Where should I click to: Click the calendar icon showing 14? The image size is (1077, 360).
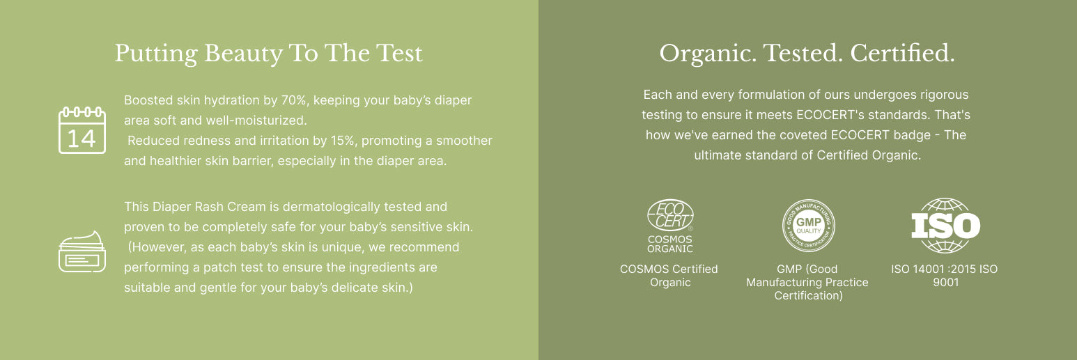pyautogui.click(x=82, y=130)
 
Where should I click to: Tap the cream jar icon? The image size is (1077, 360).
pyautogui.click(x=82, y=251)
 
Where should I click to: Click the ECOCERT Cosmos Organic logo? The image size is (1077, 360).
pyautogui.click(x=670, y=226)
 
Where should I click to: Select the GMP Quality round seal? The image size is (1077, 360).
pyautogui.click(x=808, y=226)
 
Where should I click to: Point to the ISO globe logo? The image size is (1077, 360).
pyautogui.click(x=946, y=226)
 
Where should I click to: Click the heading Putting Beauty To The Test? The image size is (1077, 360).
pyautogui.click(x=268, y=54)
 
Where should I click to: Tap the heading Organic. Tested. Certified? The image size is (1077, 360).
pyautogui.click(x=807, y=53)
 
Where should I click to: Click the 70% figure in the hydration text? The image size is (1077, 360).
pyautogui.click(x=293, y=100)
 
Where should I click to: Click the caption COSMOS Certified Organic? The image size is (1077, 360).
pyautogui.click(x=669, y=276)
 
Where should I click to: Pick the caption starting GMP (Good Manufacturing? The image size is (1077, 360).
pyautogui.click(x=807, y=282)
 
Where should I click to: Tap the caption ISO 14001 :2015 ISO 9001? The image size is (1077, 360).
pyautogui.click(x=945, y=276)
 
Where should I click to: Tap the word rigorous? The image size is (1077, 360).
pyautogui.click(x=945, y=95)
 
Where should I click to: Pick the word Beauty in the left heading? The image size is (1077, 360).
pyautogui.click(x=243, y=54)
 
